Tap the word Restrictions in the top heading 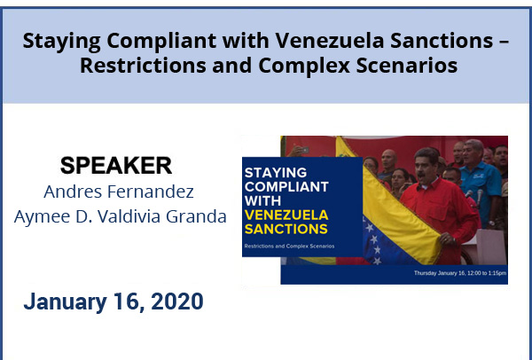coord(143,65)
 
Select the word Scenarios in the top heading coord(407,65)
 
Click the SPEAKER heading coord(116,166)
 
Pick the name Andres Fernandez coord(119,192)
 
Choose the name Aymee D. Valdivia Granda coord(120,216)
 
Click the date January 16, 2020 coord(113,301)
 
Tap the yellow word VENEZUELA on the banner coord(286,215)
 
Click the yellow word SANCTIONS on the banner coord(286,229)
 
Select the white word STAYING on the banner coord(276,173)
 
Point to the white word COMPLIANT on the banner coord(286,187)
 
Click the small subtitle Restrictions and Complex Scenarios coord(289,246)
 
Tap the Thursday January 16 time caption coord(460,273)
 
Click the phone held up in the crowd coord(304,150)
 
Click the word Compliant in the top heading coord(161,41)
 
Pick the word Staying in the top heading coord(61,42)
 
